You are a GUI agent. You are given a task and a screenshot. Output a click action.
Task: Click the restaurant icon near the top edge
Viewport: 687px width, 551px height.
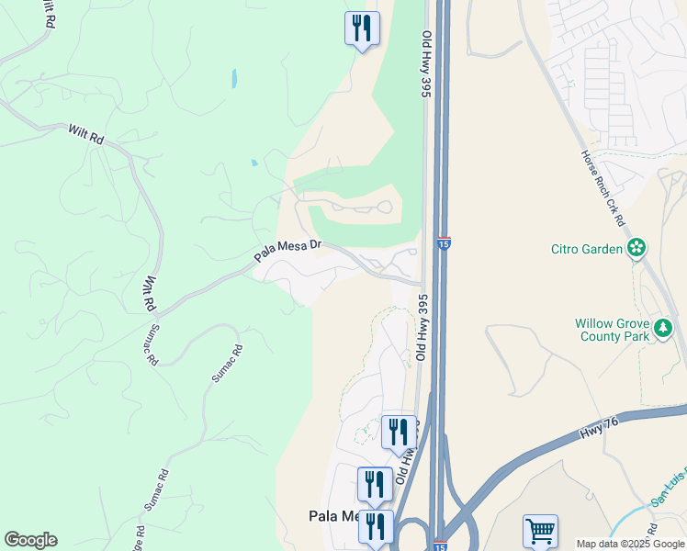(362, 28)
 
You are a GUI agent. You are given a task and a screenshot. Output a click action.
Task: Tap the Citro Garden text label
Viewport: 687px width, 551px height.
(588, 248)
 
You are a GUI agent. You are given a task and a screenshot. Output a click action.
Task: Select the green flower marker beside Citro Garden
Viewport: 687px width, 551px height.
(636, 247)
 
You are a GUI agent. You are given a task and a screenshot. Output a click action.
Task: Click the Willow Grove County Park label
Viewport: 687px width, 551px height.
(613, 330)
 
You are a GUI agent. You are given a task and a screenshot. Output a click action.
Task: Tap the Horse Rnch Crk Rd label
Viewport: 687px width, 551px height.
(603, 189)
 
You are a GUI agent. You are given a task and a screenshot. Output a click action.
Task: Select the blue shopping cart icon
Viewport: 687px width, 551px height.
(540, 531)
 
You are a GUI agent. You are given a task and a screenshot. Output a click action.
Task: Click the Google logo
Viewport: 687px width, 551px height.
(30, 540)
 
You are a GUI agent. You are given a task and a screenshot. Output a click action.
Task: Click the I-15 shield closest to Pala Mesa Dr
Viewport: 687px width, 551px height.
(444, 243)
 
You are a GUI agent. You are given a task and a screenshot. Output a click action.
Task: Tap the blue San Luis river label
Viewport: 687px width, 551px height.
(669, 490)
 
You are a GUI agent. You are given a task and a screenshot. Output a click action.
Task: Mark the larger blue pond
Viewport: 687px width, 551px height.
(234, 78)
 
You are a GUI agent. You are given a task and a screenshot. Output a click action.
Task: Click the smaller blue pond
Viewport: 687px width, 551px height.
(253, 163)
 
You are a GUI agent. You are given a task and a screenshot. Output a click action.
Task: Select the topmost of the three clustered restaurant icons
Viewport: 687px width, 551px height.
(399, 431)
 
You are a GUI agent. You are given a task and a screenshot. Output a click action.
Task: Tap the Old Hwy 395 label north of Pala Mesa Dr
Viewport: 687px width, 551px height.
(426, 64)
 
